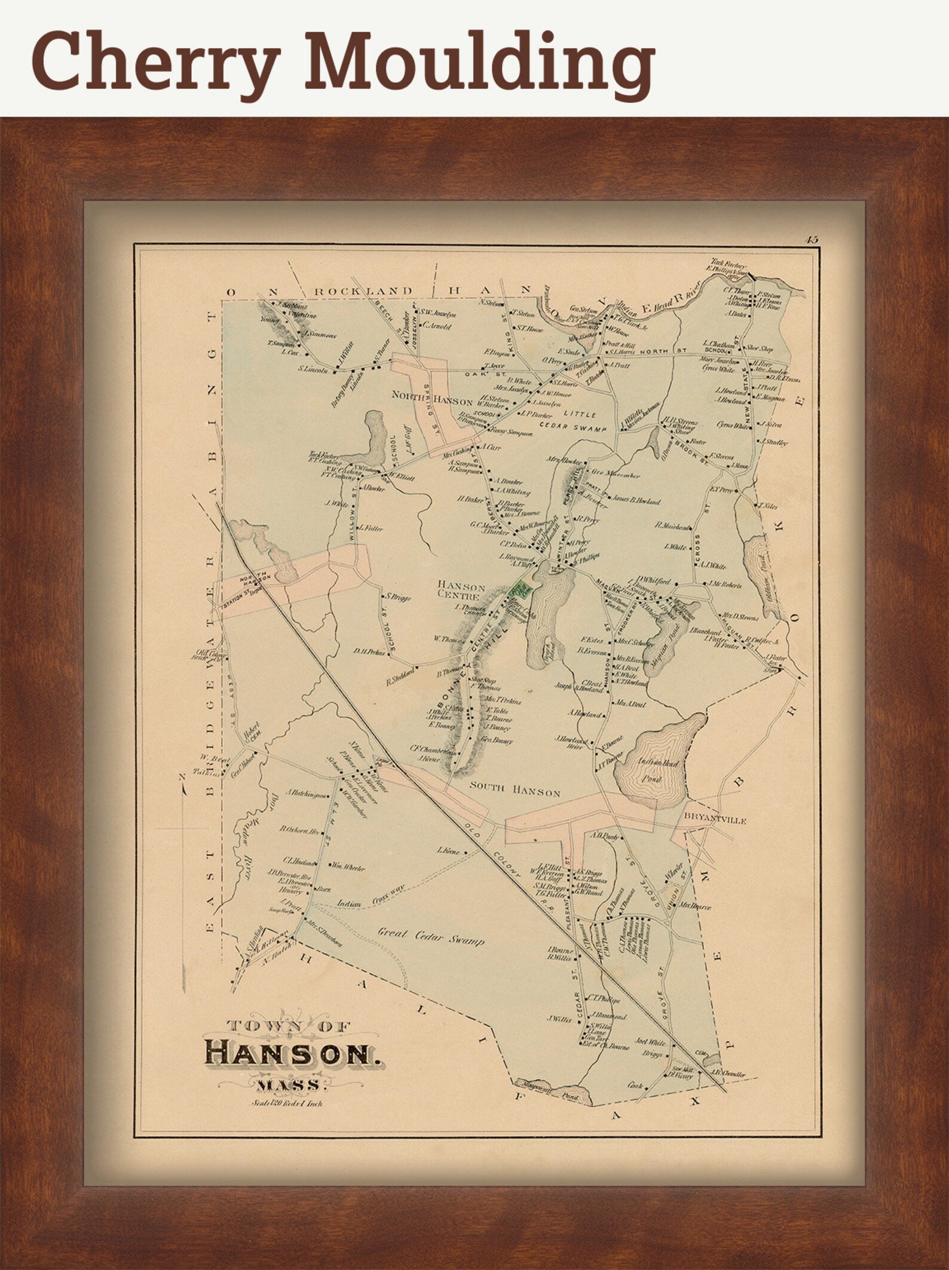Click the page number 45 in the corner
pyautogui.click(x=810, y=240)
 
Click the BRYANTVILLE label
pyautogui.click(x=715, y=821)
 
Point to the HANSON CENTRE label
pyautogui.click(x=461, y=590)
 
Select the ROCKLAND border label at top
pyautogui.click(x=363, y=291)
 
